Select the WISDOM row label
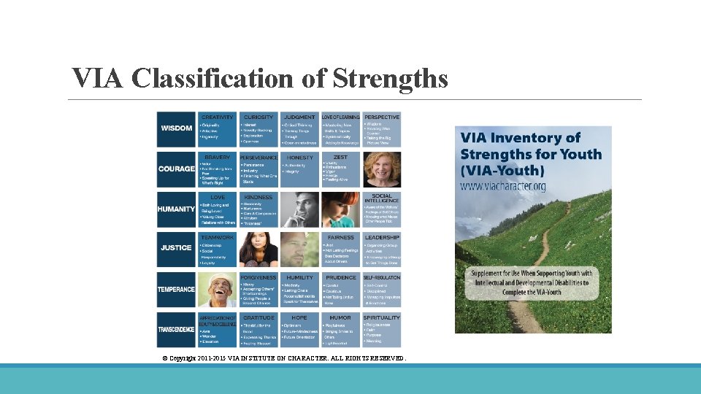pos(176,128)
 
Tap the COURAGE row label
pos(176,169)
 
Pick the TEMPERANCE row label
pos(176,289)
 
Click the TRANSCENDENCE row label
pos(176,330)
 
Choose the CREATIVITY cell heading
pos(218,117)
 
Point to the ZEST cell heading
pos(340,157)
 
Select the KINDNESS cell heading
pos(258,197)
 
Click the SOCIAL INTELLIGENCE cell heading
pos(381,198)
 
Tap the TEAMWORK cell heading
pos(218,237)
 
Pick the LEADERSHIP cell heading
pos(381,237)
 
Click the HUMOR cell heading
pos(340,317)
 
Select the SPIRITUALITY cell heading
pos(381,317)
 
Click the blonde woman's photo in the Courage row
pos(381,169)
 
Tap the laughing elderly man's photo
pos(218,290)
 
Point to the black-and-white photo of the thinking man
pos(299,209)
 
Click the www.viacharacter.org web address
pos(503,187)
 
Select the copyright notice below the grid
pos(283,358)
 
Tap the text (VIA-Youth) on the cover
pos(502,171)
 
